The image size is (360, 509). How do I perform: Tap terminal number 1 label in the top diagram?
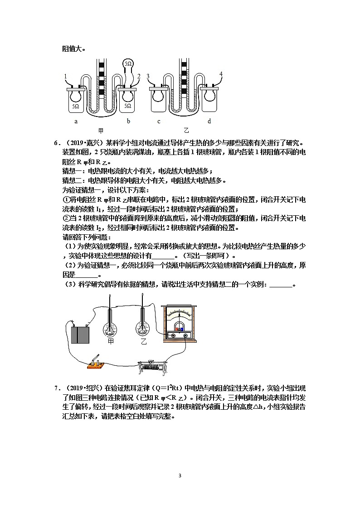click(65, 76)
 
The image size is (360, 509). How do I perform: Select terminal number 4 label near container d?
click(221, 73)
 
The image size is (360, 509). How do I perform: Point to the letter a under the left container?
click(76, 121)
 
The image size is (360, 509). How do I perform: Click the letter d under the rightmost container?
click(209, 121)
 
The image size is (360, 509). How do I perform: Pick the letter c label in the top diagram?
click(159, 121)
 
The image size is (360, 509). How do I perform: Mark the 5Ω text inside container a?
click(75, 106)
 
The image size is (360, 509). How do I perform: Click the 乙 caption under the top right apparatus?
click(185, 130)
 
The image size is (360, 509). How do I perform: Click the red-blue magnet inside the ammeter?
click(179, 329)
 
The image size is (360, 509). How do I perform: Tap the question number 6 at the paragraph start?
click(56, 143)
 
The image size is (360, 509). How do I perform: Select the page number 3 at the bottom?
click(180, 475)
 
